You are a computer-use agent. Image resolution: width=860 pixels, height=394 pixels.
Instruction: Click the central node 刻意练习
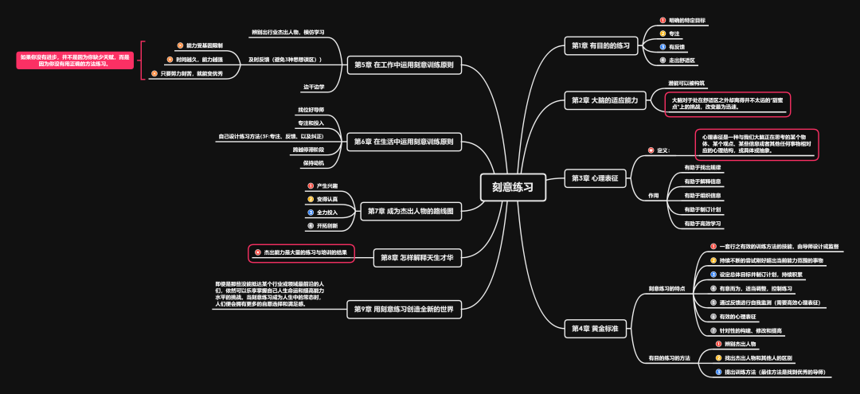click(512, 187)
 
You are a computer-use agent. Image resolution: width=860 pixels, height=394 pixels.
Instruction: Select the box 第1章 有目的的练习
click(600, 45)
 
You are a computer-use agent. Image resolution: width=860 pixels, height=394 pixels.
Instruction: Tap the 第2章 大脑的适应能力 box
click(604, 100)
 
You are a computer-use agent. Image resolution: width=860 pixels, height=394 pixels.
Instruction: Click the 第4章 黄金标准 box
click(594, 328)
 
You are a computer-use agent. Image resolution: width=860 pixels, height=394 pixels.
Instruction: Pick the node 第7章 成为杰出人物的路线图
click(411, 211)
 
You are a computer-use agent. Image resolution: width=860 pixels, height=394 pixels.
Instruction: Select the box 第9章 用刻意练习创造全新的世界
click(406, 310)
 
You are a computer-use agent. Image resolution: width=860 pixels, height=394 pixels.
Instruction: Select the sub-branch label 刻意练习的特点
click(666, 288)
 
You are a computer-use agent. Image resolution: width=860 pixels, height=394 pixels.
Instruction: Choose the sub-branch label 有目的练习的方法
click(669, 358)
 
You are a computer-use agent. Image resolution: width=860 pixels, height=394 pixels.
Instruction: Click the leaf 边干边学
click(313, 86)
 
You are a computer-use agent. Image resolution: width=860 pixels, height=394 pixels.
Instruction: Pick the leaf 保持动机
click(312, 162)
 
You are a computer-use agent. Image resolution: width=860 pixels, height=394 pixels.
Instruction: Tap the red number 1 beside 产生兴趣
click(311, 185)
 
